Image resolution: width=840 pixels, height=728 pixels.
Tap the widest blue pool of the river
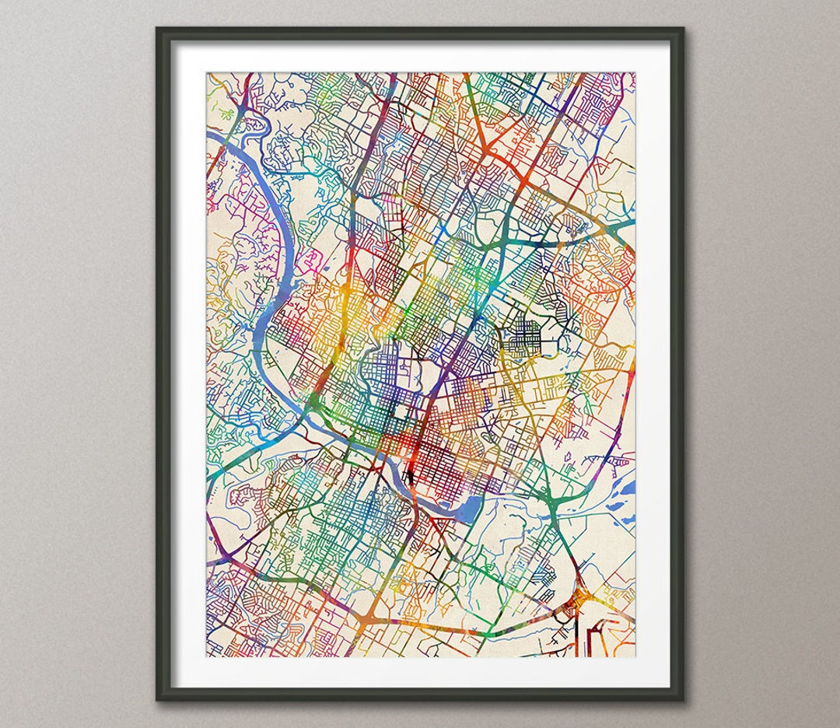(x=459, y=510)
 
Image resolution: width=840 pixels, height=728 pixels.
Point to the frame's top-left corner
(x=158, y=30)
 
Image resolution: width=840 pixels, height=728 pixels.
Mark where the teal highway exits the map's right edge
(x=632, y=222)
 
